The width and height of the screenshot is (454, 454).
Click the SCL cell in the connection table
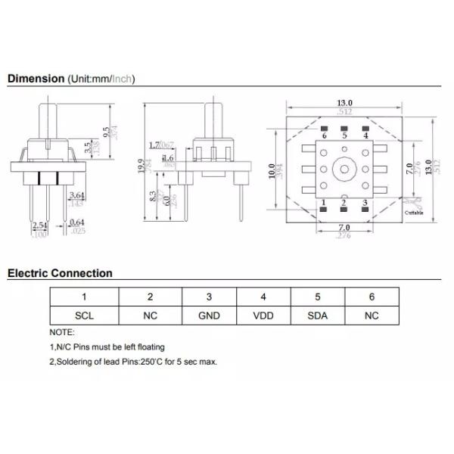click(84, 316)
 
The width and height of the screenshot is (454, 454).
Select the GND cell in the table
click(209, 316)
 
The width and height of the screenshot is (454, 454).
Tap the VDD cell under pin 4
click(263, 316)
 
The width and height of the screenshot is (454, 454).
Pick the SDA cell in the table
click(318, 316)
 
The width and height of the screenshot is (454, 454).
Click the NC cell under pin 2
click(150, 316)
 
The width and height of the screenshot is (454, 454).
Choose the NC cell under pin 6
click(371, 316)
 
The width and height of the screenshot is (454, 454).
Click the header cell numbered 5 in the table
click(318, 297)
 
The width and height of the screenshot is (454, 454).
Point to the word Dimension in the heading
click(36, 78)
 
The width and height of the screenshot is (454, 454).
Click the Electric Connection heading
click(60, 273)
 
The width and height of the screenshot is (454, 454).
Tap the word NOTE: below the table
click(62, 332)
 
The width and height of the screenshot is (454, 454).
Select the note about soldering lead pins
click(133, 362)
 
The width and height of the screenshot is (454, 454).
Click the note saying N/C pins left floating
click(107, 347)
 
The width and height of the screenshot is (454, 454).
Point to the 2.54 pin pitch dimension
click(39, 225)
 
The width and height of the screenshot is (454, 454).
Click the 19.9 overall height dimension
click(141, 165)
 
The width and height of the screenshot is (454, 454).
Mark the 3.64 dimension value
click(76, 197)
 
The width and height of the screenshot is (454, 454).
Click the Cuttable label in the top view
click(413, 213)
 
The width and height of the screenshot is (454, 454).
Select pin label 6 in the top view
click(324, 135)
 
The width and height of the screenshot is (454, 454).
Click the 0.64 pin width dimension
click(76, 222)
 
